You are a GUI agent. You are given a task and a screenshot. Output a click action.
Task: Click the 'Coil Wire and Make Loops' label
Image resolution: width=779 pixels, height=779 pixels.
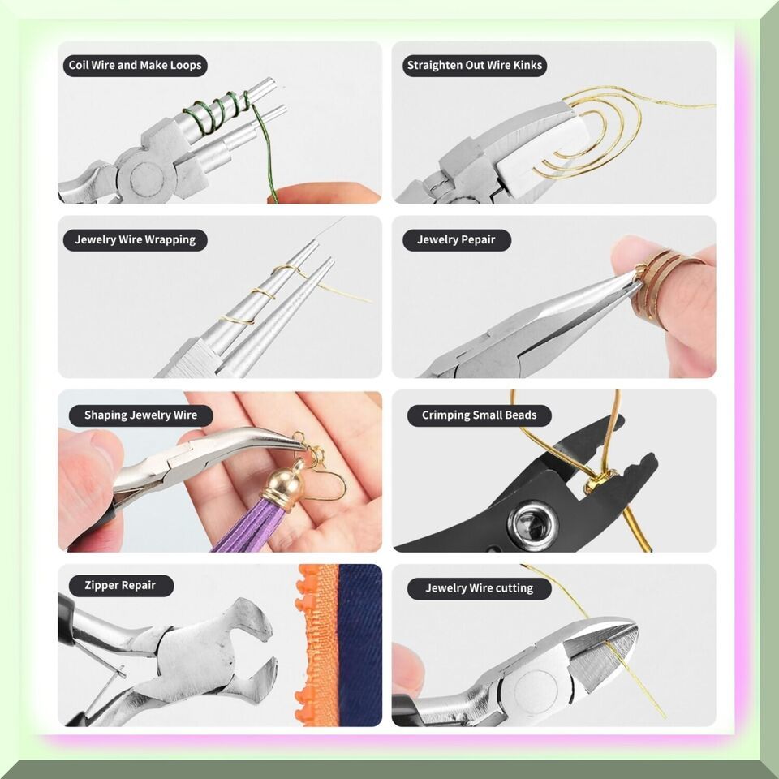[x=136, y=66]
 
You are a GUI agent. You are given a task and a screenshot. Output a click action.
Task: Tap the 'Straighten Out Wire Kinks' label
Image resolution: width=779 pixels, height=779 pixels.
[x=475, y=66]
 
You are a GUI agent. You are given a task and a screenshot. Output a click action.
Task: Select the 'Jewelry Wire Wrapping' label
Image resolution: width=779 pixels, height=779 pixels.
[x=136, y=240]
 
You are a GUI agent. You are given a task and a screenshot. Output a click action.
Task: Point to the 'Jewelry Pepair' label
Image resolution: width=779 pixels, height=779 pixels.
[x=457, y=240]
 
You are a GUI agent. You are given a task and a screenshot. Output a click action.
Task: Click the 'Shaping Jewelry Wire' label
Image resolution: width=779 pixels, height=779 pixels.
[x=140, y=415]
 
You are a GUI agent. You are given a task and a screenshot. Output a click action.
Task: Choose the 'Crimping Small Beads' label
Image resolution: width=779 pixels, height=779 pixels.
[x=480, y=415]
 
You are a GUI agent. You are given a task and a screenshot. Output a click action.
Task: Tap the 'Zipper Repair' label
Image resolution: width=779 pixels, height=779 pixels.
[x=121, y=586]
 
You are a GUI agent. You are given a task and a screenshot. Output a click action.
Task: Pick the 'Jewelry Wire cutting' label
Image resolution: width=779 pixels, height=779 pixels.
[x=480, y=589]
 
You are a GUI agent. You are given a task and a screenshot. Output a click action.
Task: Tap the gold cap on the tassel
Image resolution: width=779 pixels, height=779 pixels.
[x=287, y=482]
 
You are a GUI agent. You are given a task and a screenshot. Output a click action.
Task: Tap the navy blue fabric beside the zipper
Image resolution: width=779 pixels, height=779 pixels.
[x=360, y=645]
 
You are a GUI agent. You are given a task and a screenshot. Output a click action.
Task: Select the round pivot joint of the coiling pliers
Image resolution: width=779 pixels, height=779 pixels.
[x=147, y=176]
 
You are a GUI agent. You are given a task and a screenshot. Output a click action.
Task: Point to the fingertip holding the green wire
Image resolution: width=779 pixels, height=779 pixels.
[x=323, y=193]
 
